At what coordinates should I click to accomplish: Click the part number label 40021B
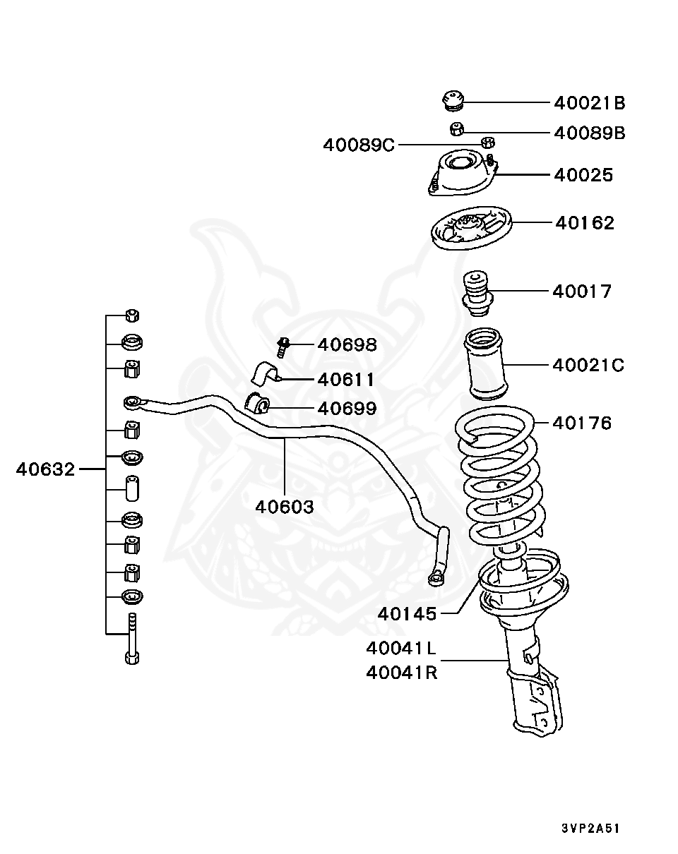point(589,103)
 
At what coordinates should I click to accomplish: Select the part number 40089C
point(359,145)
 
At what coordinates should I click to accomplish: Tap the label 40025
point(583,175)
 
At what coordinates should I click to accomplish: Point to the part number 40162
point(584,223)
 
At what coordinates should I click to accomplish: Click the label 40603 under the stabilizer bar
point(285,506)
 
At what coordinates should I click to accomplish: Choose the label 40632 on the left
point(45,469)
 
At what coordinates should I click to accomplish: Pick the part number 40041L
point(401,648)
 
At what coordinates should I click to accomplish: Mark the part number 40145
point(407,614)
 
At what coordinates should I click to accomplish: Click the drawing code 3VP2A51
point(590,828)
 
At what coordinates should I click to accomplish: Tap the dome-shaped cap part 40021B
point(452,101)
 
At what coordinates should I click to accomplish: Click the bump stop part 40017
point(476,294)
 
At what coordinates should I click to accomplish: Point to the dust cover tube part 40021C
point(486,366)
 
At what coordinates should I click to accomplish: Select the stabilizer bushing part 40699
point(257,404)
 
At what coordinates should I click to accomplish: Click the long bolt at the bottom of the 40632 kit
point(132,639)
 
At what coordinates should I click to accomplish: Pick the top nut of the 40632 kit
point(132,315)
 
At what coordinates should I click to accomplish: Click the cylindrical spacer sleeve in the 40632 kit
point(132,488)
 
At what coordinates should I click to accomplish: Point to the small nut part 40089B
point(456,129)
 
